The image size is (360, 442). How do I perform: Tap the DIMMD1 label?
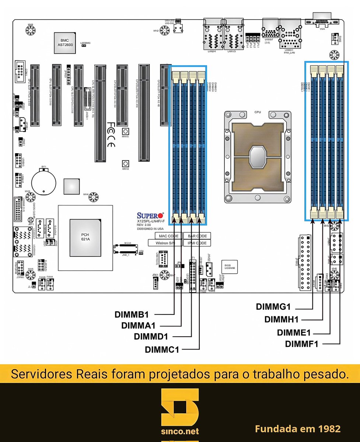(151, 337)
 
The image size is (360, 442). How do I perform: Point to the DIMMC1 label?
(162, 349)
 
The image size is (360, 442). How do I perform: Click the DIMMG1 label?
(273, 307)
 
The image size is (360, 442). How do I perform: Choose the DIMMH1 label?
(282, 319)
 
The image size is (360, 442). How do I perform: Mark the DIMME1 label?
(294, 333)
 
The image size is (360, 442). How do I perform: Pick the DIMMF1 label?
(301, 344)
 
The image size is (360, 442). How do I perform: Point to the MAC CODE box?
(168, 236)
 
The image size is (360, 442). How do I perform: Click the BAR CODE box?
(197, 236)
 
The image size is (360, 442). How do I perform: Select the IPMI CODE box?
(197, 243)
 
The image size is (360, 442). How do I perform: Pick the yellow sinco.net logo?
(180, 413)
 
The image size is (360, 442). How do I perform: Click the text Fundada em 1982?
(298, 429)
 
